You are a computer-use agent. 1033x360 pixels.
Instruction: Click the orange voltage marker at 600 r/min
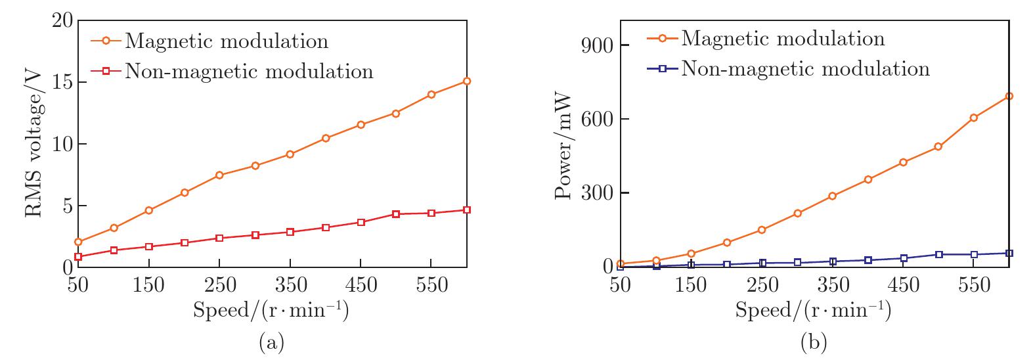tap(467, 81)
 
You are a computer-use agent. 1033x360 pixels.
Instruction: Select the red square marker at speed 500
tap(396, 214)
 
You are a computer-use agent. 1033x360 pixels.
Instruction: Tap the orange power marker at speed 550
tap(974, 118)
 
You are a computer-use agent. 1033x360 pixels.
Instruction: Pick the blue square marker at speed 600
tap(1009, 254)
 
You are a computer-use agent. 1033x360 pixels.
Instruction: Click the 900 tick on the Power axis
tap(597, 45)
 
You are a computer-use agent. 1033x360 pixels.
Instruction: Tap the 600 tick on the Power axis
tap(597, 119)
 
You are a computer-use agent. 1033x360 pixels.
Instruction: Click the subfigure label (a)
tap(271, 342)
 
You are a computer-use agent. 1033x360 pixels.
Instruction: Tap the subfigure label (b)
tap(814, 342)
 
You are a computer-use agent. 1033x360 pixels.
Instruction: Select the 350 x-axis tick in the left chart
tap(290, 285)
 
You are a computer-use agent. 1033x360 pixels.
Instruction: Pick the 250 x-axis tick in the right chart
tap(762, 285)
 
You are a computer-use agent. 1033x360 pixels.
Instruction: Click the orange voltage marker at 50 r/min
tap(78, 242)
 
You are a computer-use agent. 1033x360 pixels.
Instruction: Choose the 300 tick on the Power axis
tap(597, 193)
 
